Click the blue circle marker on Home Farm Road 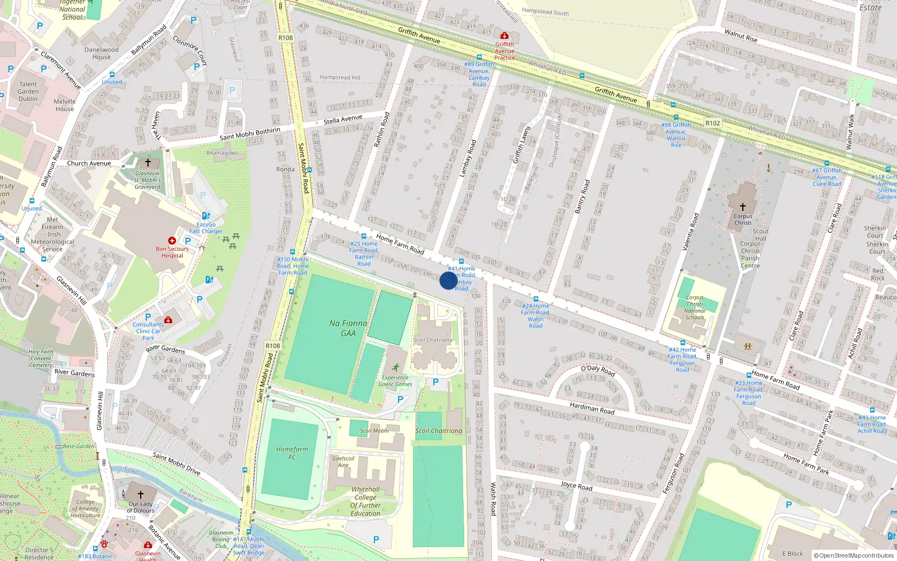tap(448, 280)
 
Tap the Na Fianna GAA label tap(348, 328)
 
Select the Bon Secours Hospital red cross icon tap(172, 241)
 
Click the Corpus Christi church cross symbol tap(743, 207)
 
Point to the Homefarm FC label tap(292, 453)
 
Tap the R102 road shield tap(713, 123)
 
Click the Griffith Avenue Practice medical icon tap(505, 36)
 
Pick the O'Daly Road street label tap(598, 370)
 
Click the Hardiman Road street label tap(592, 408)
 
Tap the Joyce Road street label tap(576, 485)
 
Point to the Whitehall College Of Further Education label tap(366, 501)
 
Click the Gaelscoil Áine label tap(343, 462)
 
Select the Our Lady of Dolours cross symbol tap(141, 494)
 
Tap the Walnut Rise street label tap(741, 36)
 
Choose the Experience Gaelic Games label tap(395, 381)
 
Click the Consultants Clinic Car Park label tap(148, 331)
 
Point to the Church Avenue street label tap(89, 163)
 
